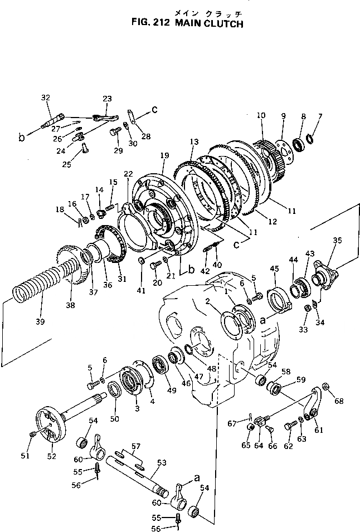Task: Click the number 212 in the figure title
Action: (x=159, y=24)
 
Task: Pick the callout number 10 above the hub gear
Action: (x=261, y=115)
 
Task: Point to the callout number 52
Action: (x=51, y=455)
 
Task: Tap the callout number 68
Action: (x=339, y=401)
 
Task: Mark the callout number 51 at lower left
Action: (x=25, y=455)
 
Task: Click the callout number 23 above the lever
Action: (x=108, y=98)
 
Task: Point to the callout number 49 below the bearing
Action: (x=172, y=390)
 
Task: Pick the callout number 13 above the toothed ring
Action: (x=194, y=142)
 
